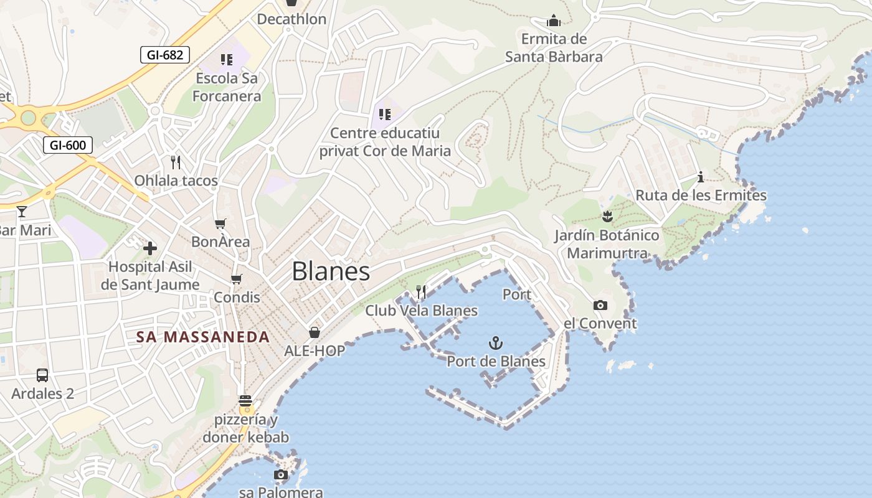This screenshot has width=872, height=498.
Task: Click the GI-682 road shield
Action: [x=165, y=55]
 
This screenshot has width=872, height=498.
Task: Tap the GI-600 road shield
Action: [x=68, y=146]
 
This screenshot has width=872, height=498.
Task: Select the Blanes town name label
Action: [x=331, y=271]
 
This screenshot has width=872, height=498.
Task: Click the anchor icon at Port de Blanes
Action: [x=495, y=342]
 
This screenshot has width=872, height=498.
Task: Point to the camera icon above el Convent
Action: [x=600, y=305]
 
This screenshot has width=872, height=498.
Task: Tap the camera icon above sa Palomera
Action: [x=281, y=475]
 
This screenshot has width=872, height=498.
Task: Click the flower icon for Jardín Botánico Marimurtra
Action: [x=607, y=217]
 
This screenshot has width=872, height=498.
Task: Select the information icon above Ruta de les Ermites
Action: [x=701, y=177]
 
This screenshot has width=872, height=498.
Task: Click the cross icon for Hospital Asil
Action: [x=150, y=248]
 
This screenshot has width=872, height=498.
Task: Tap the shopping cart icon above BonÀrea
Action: [x=220, y=223]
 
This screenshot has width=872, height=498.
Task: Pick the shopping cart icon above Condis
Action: [x=236, y=279]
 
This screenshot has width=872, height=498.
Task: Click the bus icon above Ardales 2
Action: [x=42, y=375]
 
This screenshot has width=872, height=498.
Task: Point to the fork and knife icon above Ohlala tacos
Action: [x=176, y=162]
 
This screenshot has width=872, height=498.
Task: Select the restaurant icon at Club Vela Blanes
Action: [x=421, y=291]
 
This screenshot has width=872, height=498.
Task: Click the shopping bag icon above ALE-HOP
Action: [x=315, y=332]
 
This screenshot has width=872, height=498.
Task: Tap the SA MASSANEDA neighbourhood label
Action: [x=203, y=337]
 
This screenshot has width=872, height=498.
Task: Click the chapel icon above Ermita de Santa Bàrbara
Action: [x=554, y=21]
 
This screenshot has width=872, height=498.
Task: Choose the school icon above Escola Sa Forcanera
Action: [x=226, y=60]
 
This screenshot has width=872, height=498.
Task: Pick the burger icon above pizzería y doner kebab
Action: [x=245, y=400]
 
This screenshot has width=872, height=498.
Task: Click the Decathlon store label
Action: [x=291, y=19]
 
